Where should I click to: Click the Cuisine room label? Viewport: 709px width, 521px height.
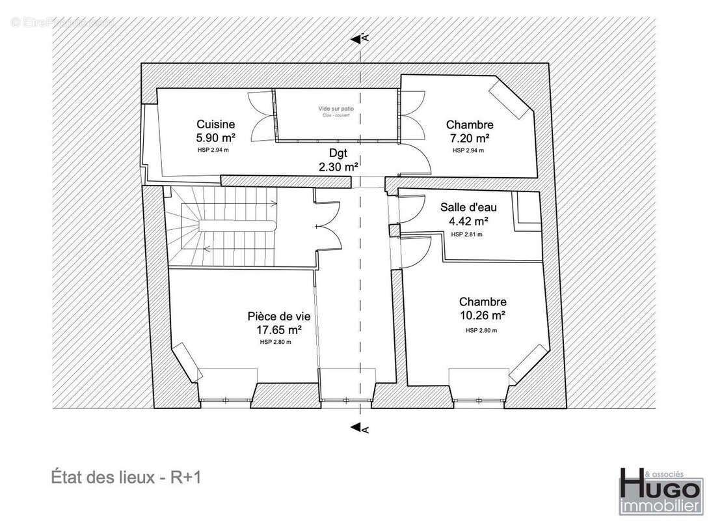(x=215, y=124)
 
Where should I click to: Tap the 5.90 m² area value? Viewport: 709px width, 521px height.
(x=215, y=137)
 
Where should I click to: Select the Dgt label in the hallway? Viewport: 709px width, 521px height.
(x=338, y=154)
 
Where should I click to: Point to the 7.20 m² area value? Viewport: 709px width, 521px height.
(x=469, y=137)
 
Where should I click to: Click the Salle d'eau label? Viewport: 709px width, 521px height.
(x=468, y=208)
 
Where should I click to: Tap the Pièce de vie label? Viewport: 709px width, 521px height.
(x=278, y=317)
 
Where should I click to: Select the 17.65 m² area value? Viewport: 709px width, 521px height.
(x=278, y=330)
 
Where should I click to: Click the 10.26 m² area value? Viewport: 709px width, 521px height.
(x=482, y=315)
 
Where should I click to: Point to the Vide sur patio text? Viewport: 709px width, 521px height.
(x=336, y=108)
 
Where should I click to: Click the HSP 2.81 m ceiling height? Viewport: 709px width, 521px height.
(x=467, y=234)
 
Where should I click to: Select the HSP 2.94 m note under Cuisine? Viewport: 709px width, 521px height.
(x=213, y=150)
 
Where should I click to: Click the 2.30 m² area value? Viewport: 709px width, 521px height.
(x=338, y=167)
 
